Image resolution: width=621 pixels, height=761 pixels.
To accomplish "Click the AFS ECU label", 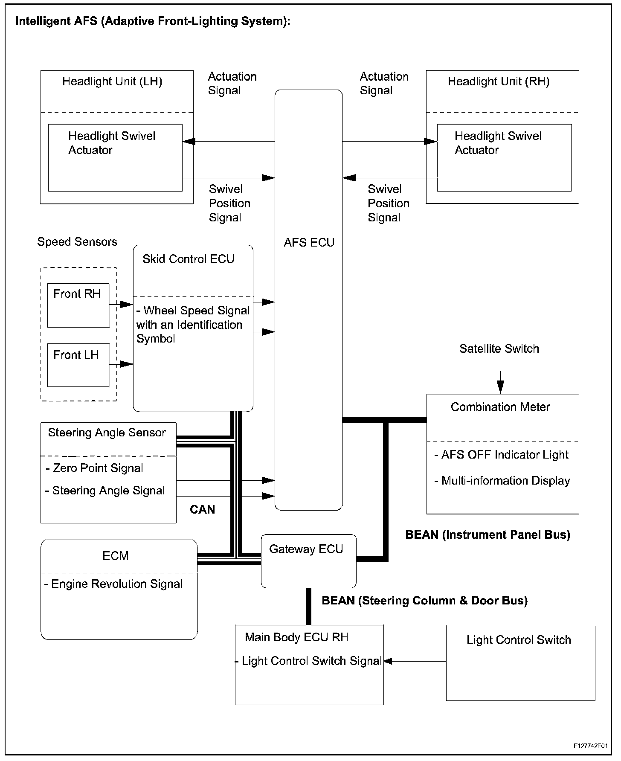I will tap(309, 243).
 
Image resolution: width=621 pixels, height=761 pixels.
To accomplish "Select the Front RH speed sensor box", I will tap(78, 305).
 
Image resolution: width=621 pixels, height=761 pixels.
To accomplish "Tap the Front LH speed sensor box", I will tap(78, 365).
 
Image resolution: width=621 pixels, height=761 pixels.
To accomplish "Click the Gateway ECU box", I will tap(308, 561).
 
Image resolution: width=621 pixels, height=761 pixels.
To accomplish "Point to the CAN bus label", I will tap(202, 510).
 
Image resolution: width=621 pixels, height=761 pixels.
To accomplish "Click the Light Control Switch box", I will tap(520, 663).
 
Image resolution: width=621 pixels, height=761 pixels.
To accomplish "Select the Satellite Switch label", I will tap(499, 349).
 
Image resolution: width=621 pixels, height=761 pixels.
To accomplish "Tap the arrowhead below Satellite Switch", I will tap(500, 388).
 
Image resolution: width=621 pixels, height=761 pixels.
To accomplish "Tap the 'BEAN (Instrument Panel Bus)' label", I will tap(488, 535).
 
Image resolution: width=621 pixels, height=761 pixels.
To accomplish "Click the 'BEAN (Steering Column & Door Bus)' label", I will tap(424, 601).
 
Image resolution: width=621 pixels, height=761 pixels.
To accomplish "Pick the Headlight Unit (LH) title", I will tap(112, 81).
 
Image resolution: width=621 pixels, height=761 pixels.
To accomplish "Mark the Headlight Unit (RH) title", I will tap(498, 81).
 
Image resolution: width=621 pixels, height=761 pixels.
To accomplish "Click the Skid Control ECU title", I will tap(188, 259).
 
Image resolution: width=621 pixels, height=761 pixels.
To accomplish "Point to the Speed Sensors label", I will tap(77, 242).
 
